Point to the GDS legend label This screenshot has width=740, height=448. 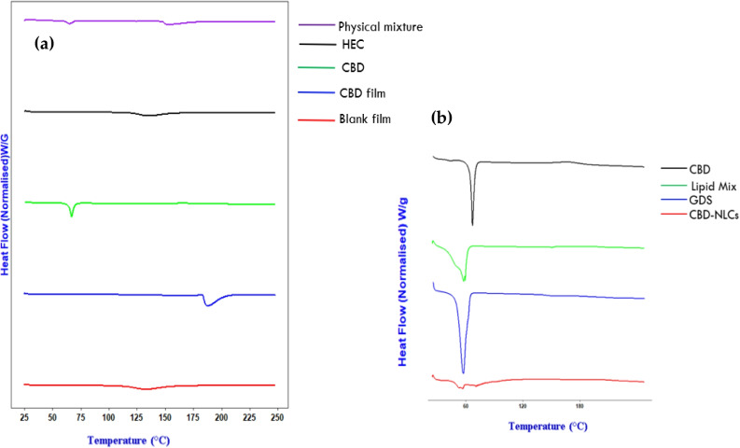coord(676,200)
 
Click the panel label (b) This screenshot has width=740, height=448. coord(442,119)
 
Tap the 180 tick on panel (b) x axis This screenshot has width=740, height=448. coord(580,406)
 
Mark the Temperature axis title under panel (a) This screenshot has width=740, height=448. coord(129,438)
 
